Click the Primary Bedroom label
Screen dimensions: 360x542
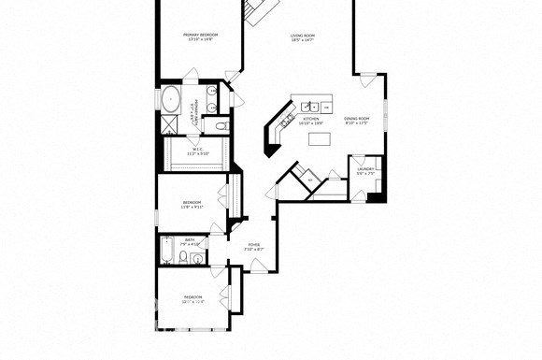click(200, 35)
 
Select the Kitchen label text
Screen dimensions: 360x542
click(311, 120)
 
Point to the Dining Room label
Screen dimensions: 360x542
click(357, 120)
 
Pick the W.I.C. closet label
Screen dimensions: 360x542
click(198, 149)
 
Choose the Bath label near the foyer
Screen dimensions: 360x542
click(190, 241)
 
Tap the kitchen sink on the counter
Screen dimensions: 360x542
click(311, 106)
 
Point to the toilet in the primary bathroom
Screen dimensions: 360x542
click(219, 124)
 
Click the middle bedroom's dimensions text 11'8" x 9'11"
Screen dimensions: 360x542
click(193, 207)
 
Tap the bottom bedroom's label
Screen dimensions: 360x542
click(193, 296)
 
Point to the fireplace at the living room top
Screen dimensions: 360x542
click(262, 9)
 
